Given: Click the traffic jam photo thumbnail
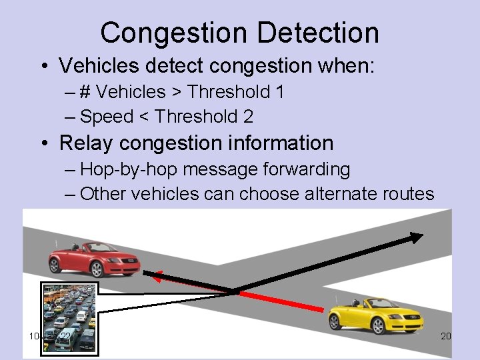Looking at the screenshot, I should [x=69, y=317].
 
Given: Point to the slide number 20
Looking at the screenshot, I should [x=446, y=336].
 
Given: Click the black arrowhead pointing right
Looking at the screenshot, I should [x=415, y=236].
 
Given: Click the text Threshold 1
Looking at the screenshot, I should [x=234, y=92].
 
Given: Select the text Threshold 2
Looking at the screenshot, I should [x=203, y=117].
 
